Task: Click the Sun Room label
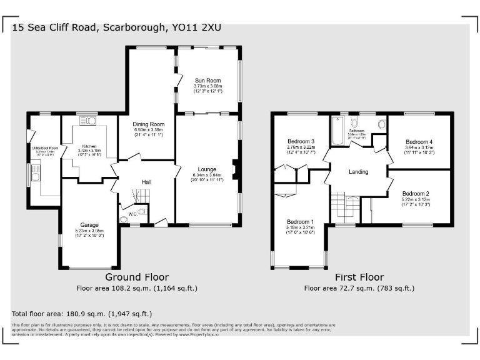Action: point(208,81)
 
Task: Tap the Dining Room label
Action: point(148,124)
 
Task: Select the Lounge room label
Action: point(207,169)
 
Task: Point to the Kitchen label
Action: point(89,146)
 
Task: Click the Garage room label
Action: point(89,224)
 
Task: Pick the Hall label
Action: point(146,182)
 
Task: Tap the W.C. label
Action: point(133,212)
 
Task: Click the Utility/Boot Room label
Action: point(44,147)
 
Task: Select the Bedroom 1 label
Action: point(300,222)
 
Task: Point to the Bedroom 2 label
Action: point(415,193)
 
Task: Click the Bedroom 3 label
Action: point(300,141)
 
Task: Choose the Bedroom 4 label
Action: point(418,141)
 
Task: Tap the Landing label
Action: point(359,172)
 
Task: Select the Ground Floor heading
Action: point(136,277)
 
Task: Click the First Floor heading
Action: point(359,277)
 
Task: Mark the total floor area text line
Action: point(82,314)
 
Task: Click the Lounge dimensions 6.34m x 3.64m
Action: point(207,176)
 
